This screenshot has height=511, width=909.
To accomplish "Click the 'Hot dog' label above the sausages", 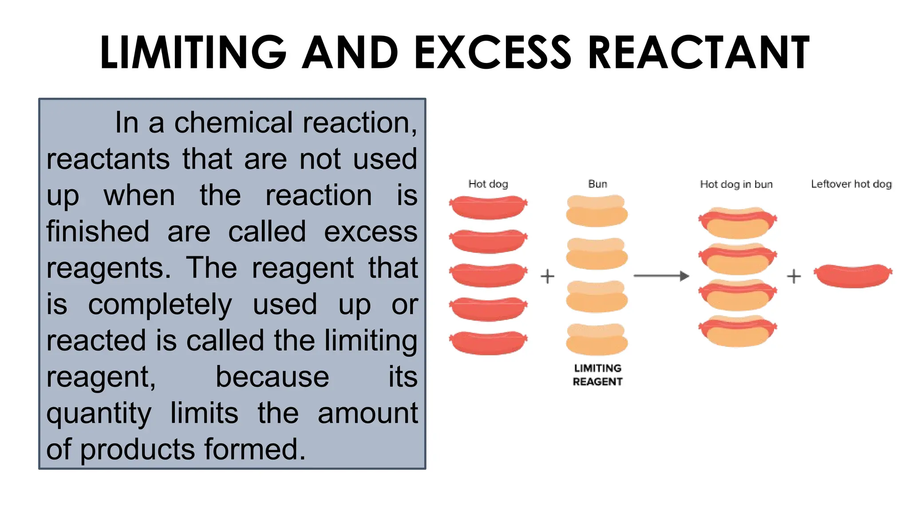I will click(x=488, y=184).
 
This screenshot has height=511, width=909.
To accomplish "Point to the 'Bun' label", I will click(x=597, y=184).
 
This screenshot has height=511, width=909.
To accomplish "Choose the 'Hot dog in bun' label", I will click(x=736, y=184).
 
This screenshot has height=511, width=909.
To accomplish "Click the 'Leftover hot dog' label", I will click(x=851, y=184).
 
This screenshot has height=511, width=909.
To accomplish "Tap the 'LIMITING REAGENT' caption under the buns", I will click(x=597, y=375).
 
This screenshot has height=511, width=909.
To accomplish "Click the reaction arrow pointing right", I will click(x=661, y=276).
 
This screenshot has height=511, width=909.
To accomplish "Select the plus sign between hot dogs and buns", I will click(x=547, y=276).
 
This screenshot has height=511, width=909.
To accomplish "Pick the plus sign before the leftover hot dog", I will click(x=794, y=276).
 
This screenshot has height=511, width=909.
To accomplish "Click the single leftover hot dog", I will click(x=853, y=275).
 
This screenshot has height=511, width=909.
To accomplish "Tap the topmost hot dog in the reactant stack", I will click(x=488, y=207).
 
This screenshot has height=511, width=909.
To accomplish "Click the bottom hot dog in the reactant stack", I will click(x=488, y=342).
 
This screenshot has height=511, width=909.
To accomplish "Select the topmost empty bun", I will click(x=597, y=211).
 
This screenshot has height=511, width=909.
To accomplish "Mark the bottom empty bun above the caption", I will click(x=597, y=339).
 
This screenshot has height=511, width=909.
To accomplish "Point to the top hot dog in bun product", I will click(x=738, y=222).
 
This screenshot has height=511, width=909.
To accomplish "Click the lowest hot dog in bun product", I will click(x=738, y=330).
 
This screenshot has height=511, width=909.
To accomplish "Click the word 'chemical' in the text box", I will click(x=233, y=123).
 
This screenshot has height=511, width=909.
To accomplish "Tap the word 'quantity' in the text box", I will click(x=99, y=414).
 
